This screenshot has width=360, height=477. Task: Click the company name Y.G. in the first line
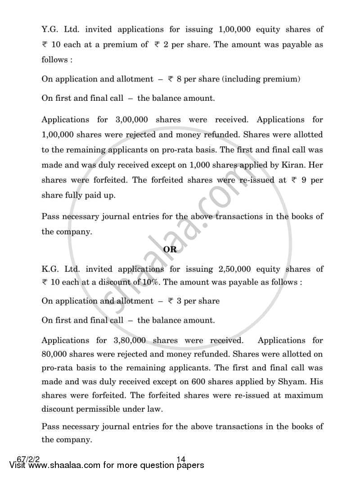click(51, 29)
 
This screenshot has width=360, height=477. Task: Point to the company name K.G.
click(51, 269)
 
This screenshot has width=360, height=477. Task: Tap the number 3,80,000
click(130, 341)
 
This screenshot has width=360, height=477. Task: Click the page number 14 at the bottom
click(181, 459)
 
